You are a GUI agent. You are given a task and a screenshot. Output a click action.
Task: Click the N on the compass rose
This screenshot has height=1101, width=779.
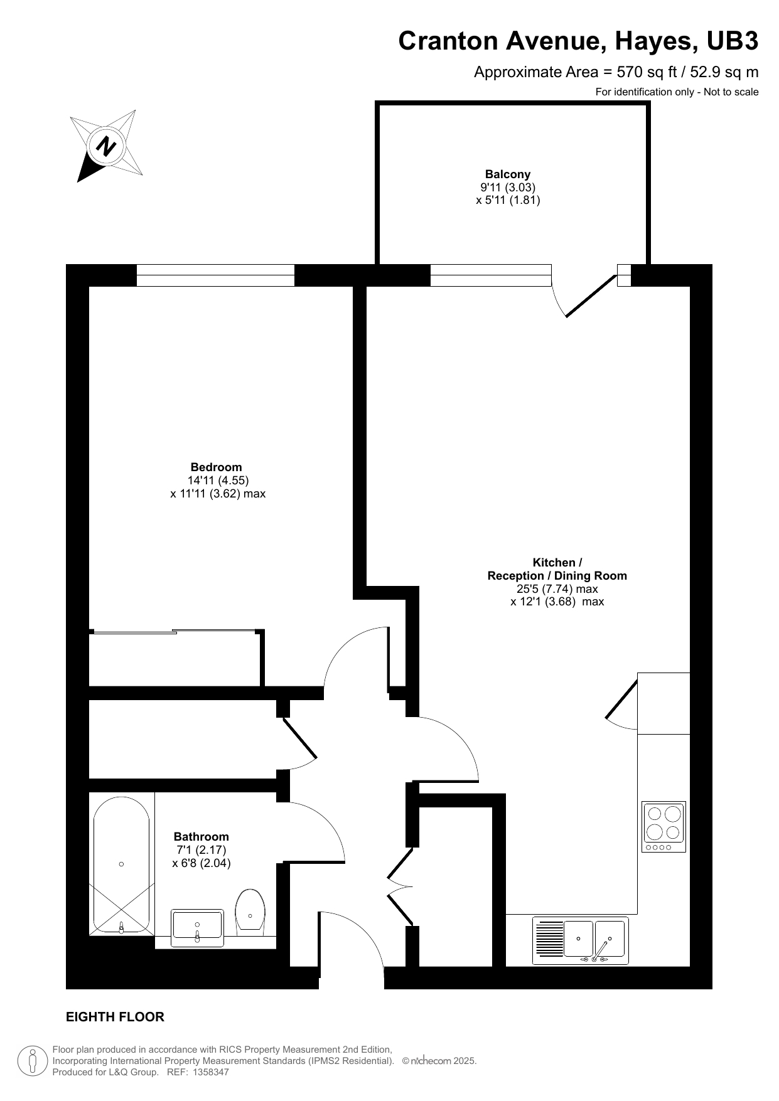(x=106, y=147)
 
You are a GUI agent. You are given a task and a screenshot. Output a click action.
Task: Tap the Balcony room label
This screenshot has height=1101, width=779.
(x=508, y=174)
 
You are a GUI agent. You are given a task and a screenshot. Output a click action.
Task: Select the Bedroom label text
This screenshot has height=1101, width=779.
(x=216, y=467)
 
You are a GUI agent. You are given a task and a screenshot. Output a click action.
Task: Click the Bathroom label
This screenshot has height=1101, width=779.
(x=201, y=837)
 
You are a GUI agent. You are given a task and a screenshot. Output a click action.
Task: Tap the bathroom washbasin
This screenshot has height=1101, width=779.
(x=197, y=928)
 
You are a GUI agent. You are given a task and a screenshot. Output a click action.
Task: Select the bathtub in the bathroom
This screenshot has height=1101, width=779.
(x=122, y=865)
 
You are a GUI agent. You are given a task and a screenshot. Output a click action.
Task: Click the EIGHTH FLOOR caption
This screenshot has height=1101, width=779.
(x=116, y=1017)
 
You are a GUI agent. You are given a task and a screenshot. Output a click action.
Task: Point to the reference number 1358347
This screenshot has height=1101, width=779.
(x=210, y=1072)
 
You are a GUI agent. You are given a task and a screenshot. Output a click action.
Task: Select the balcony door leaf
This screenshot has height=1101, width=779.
(x=591, y=295)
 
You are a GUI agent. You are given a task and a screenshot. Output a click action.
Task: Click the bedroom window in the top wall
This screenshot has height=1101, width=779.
(x=215, y=275)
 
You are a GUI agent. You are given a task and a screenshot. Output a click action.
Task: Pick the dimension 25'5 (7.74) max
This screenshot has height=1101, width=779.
(x=557, y=589)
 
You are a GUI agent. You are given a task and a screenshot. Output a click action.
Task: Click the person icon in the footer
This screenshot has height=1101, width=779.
(x=32, y=1061)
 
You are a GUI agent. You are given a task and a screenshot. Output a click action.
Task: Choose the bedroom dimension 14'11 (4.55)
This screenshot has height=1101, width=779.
(x=218, y=481)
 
